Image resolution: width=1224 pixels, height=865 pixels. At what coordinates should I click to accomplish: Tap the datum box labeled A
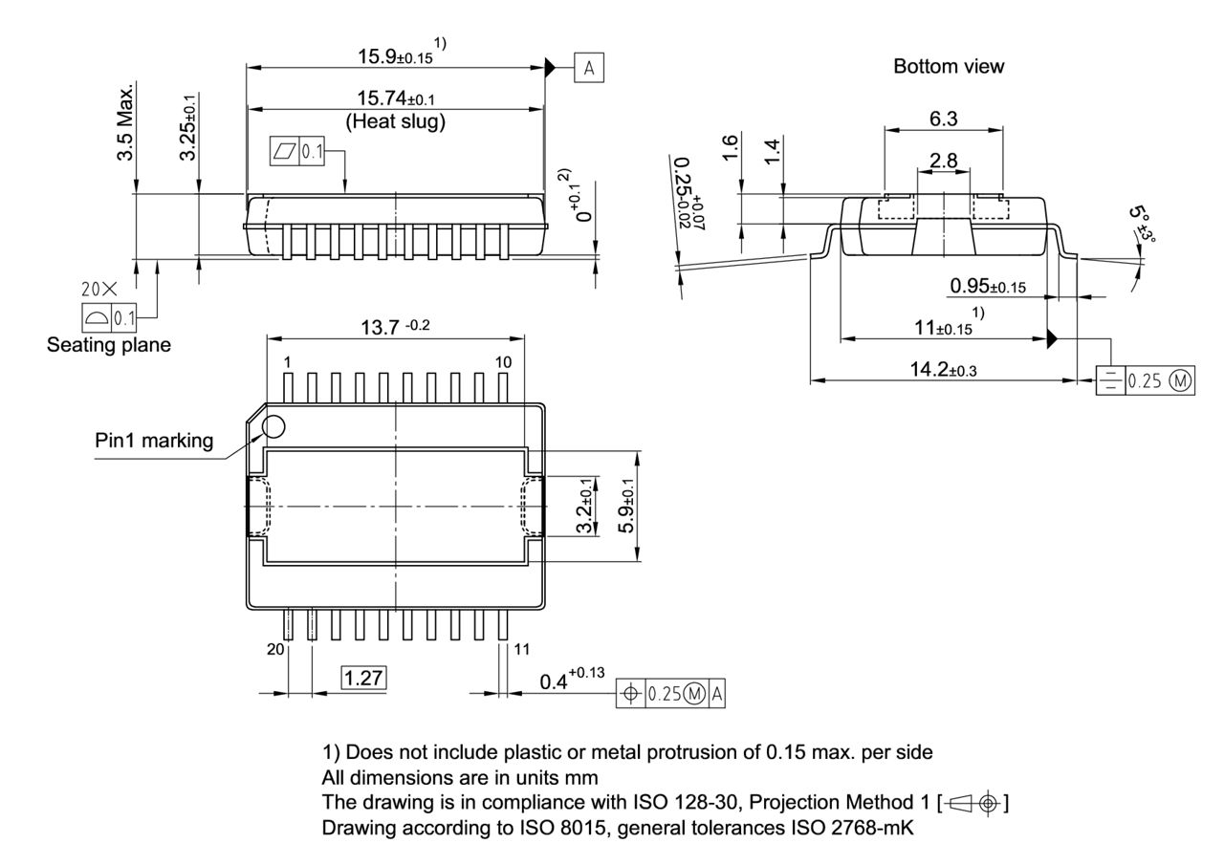(x=589, y=67)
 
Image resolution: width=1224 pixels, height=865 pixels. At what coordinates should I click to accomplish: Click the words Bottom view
(x=949, y=66)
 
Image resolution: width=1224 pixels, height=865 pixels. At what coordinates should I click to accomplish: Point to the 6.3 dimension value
(x=944, y=119)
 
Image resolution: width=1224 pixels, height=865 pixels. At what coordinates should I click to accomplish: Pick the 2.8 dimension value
(x=944, y=161)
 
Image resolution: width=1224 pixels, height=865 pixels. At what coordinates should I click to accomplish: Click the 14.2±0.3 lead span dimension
(x=942, y=370)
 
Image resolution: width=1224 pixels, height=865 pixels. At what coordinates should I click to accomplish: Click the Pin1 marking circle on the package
(x=273, y=426)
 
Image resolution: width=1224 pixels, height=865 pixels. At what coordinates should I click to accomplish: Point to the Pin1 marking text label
(x=154, y=441)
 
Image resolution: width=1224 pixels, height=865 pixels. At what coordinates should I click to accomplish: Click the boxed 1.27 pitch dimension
(x=363, y=679)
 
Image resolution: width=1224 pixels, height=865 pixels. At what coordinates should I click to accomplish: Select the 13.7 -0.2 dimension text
(x=395, y=327)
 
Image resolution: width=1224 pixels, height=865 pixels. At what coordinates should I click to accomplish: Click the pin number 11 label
(x=522, y=649)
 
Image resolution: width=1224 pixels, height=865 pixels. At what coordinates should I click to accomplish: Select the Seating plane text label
(x=109, y=345)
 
